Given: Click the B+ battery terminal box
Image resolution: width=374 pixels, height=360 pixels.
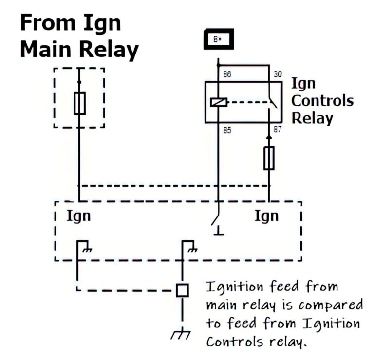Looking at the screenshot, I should click(218, 39).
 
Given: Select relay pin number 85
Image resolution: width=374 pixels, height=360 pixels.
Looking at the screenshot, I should click(227, 130).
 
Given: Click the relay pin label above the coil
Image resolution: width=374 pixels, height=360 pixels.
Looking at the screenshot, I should click(227, 75).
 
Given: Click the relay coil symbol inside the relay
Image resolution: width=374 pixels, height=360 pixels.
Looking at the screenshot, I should click(218, 102).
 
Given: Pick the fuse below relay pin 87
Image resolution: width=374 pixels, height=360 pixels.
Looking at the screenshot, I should click(269, 159).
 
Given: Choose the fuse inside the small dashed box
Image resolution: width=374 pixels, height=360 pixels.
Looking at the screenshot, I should click(79, 103).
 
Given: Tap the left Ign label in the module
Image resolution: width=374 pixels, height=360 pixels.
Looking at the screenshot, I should click(78, 215).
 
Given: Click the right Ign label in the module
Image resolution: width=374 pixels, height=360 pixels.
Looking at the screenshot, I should click(266, 215).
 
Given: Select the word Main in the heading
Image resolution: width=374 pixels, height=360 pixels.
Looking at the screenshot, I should click(49, 50).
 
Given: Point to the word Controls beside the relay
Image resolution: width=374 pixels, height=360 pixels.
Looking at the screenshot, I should click(322, 101).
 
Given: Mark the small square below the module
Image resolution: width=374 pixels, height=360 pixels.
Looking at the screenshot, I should click(182, 290).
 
